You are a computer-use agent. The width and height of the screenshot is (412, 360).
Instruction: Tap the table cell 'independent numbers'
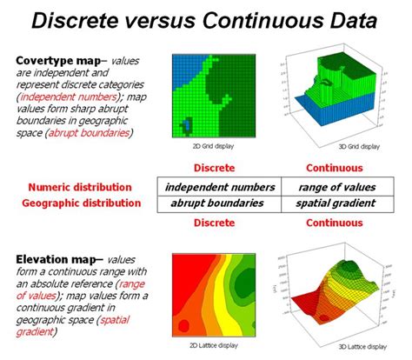coord(219,187)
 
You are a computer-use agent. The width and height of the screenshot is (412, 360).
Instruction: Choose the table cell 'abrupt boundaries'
coord(219,203)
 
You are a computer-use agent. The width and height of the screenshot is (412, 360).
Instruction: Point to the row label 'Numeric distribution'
coord(80,187)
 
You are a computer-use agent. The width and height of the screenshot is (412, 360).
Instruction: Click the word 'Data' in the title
coord(347,20)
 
